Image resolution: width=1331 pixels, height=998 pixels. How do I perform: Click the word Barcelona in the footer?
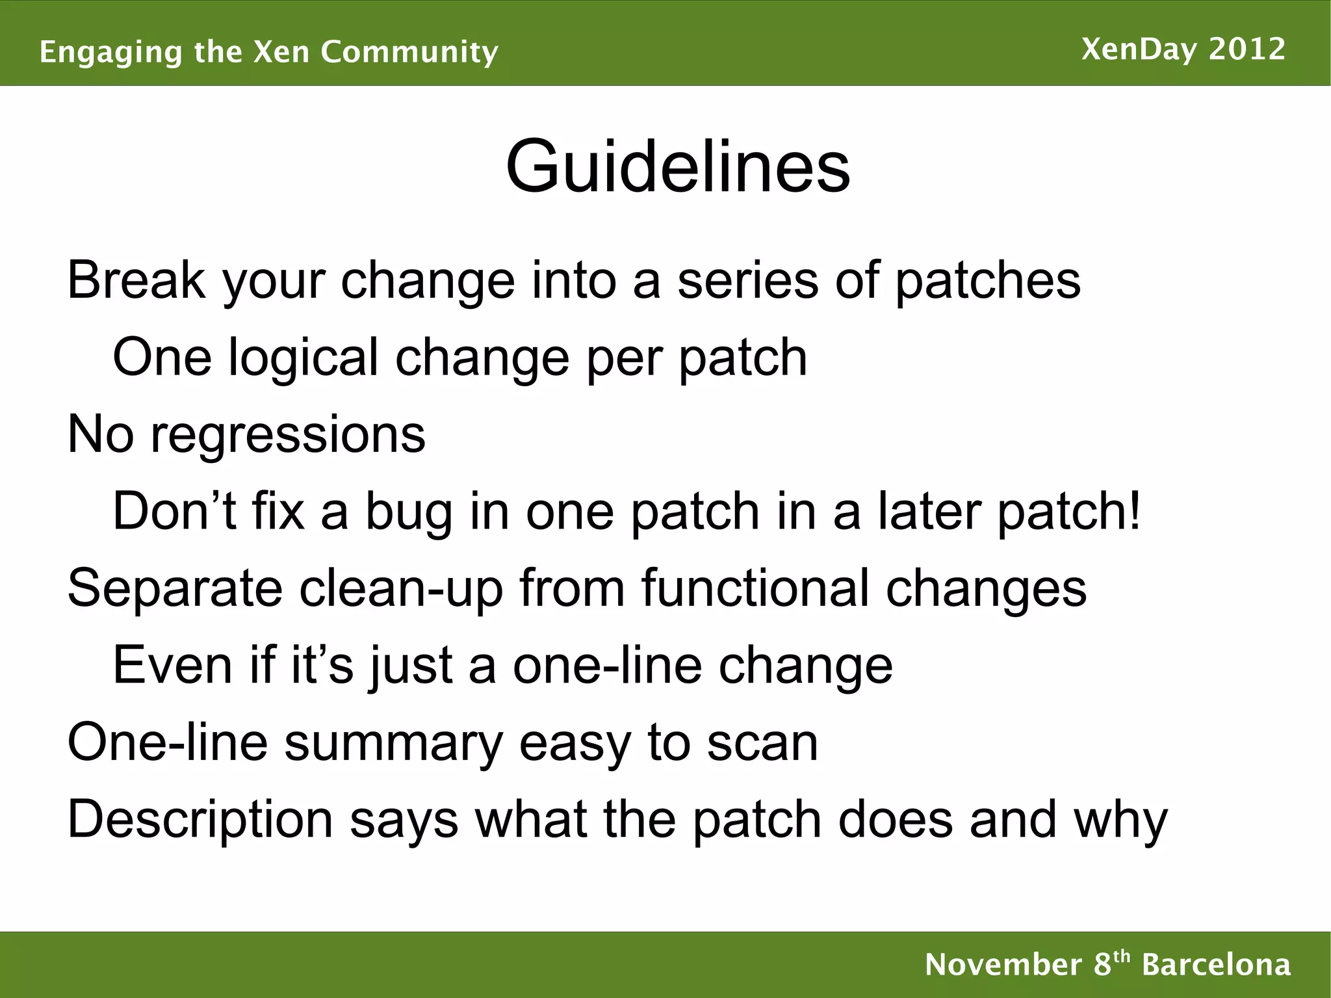(x=1216, y=964)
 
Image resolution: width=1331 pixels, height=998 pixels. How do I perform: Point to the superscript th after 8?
(x=1122, y=956)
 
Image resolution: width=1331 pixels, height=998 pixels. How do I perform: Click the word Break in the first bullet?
(x=136, y=281)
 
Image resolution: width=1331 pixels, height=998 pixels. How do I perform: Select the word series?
(x=747, y=281)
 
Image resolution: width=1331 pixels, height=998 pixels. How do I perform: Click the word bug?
(x=408, y=512)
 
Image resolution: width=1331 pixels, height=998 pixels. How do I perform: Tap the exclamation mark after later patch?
(x=1134, y=511)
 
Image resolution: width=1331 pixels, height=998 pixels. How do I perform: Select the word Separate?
(x=175, y=589)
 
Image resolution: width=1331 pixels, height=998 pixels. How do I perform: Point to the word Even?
(x=172, y=665)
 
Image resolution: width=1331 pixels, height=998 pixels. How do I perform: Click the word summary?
(x=393, y=743)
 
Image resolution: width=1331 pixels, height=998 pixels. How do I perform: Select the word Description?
(x=200, y=821)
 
